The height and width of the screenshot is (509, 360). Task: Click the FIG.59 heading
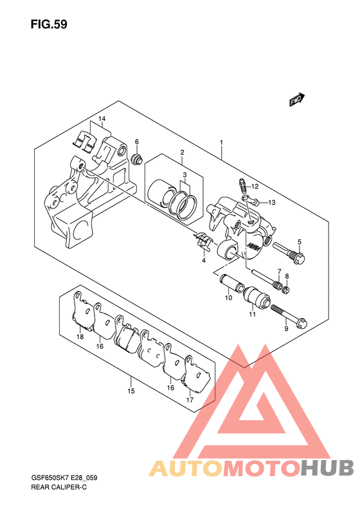click(x=49, y=24)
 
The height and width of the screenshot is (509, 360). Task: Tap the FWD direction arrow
click(x=297, y=99)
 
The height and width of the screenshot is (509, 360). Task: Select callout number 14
click(x=102, y=119)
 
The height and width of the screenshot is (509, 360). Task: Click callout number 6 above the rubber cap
click(x=137, y=142)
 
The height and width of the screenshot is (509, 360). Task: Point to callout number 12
click(x=255, y=187)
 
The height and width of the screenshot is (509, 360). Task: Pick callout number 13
click(x=271, y=203)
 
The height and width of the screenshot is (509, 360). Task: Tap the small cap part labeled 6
click(x=137, y=159)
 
